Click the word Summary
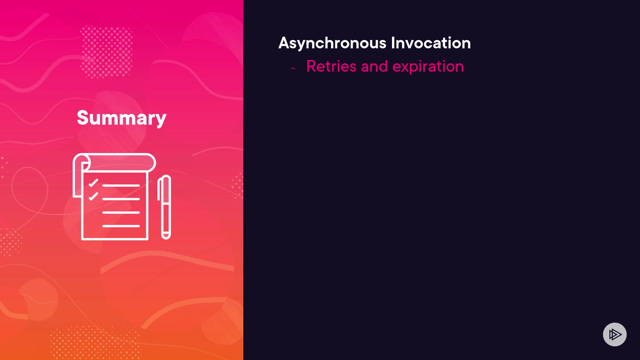click(122, 118)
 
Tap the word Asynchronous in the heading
click(332, 43)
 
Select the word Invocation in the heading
click(431, 43)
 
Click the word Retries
click(331, 66)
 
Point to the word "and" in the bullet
click(374, 66)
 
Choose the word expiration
click(428, 67)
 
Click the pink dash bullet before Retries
click(293, 68)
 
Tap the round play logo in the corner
click(615, 334)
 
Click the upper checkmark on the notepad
click(93, 183)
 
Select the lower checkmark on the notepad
click(93, 196)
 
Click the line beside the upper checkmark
click(121, 185)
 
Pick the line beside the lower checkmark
click(121, 199)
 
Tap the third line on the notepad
click(121, 212)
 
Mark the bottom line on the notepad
click(121, 226)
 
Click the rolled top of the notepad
click(114, 163)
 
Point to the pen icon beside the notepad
click(165, 207)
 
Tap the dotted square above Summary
click(106, 52)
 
